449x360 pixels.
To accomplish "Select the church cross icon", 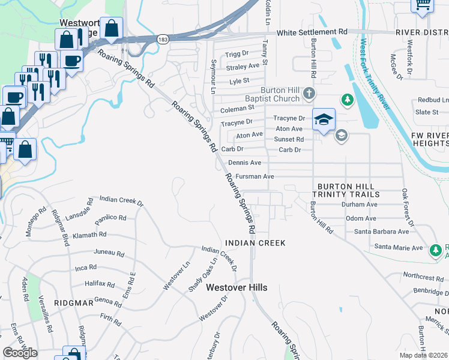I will click(x=309, y=93).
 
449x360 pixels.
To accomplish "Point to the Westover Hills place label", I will click(x=237, y=287).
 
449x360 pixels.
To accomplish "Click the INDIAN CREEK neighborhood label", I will click(x=255, y=242).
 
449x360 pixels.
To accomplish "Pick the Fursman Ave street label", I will click(x=255, y=176).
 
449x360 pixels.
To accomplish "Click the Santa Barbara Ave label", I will click(x=381, y=232).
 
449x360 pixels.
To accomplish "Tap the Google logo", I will click(x=20, y=353).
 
